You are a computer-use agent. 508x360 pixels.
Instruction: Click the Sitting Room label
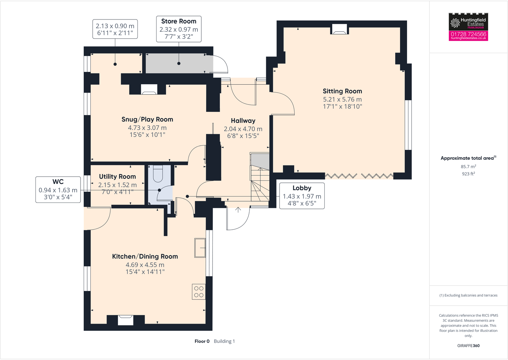(x=342, y=91)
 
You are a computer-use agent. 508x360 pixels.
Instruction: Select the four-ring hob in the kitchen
(x=198, y=292)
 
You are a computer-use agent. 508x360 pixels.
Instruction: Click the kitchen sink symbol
(x=200, y=248)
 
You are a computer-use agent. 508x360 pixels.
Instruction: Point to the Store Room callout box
(x=179, y=29)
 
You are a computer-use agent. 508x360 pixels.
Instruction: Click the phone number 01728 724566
(x=468, y=34)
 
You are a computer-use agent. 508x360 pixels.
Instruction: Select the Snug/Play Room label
(x=147, y=119)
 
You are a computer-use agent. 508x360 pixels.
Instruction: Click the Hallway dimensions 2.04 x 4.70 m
(x=243, y=129)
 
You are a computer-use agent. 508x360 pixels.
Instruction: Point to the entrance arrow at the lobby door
(x=238, y=210)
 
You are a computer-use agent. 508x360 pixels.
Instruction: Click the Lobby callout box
(x=302, y=195)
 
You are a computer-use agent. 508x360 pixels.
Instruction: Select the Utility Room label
(x=117, y=177)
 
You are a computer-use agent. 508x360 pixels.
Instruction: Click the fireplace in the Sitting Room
(x=339, y=29)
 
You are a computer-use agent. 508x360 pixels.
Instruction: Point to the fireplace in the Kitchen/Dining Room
(x=126, y=320)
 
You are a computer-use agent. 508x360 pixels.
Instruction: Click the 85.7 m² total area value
(x=468, y=167)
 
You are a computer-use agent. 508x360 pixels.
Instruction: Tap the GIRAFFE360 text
(x=468, y=346)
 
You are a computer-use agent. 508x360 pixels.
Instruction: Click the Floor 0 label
(x=202, y=341)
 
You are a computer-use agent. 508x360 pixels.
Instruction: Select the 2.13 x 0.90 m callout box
(x=115, y=29)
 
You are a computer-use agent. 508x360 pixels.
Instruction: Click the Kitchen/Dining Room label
(x=145, y=257)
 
